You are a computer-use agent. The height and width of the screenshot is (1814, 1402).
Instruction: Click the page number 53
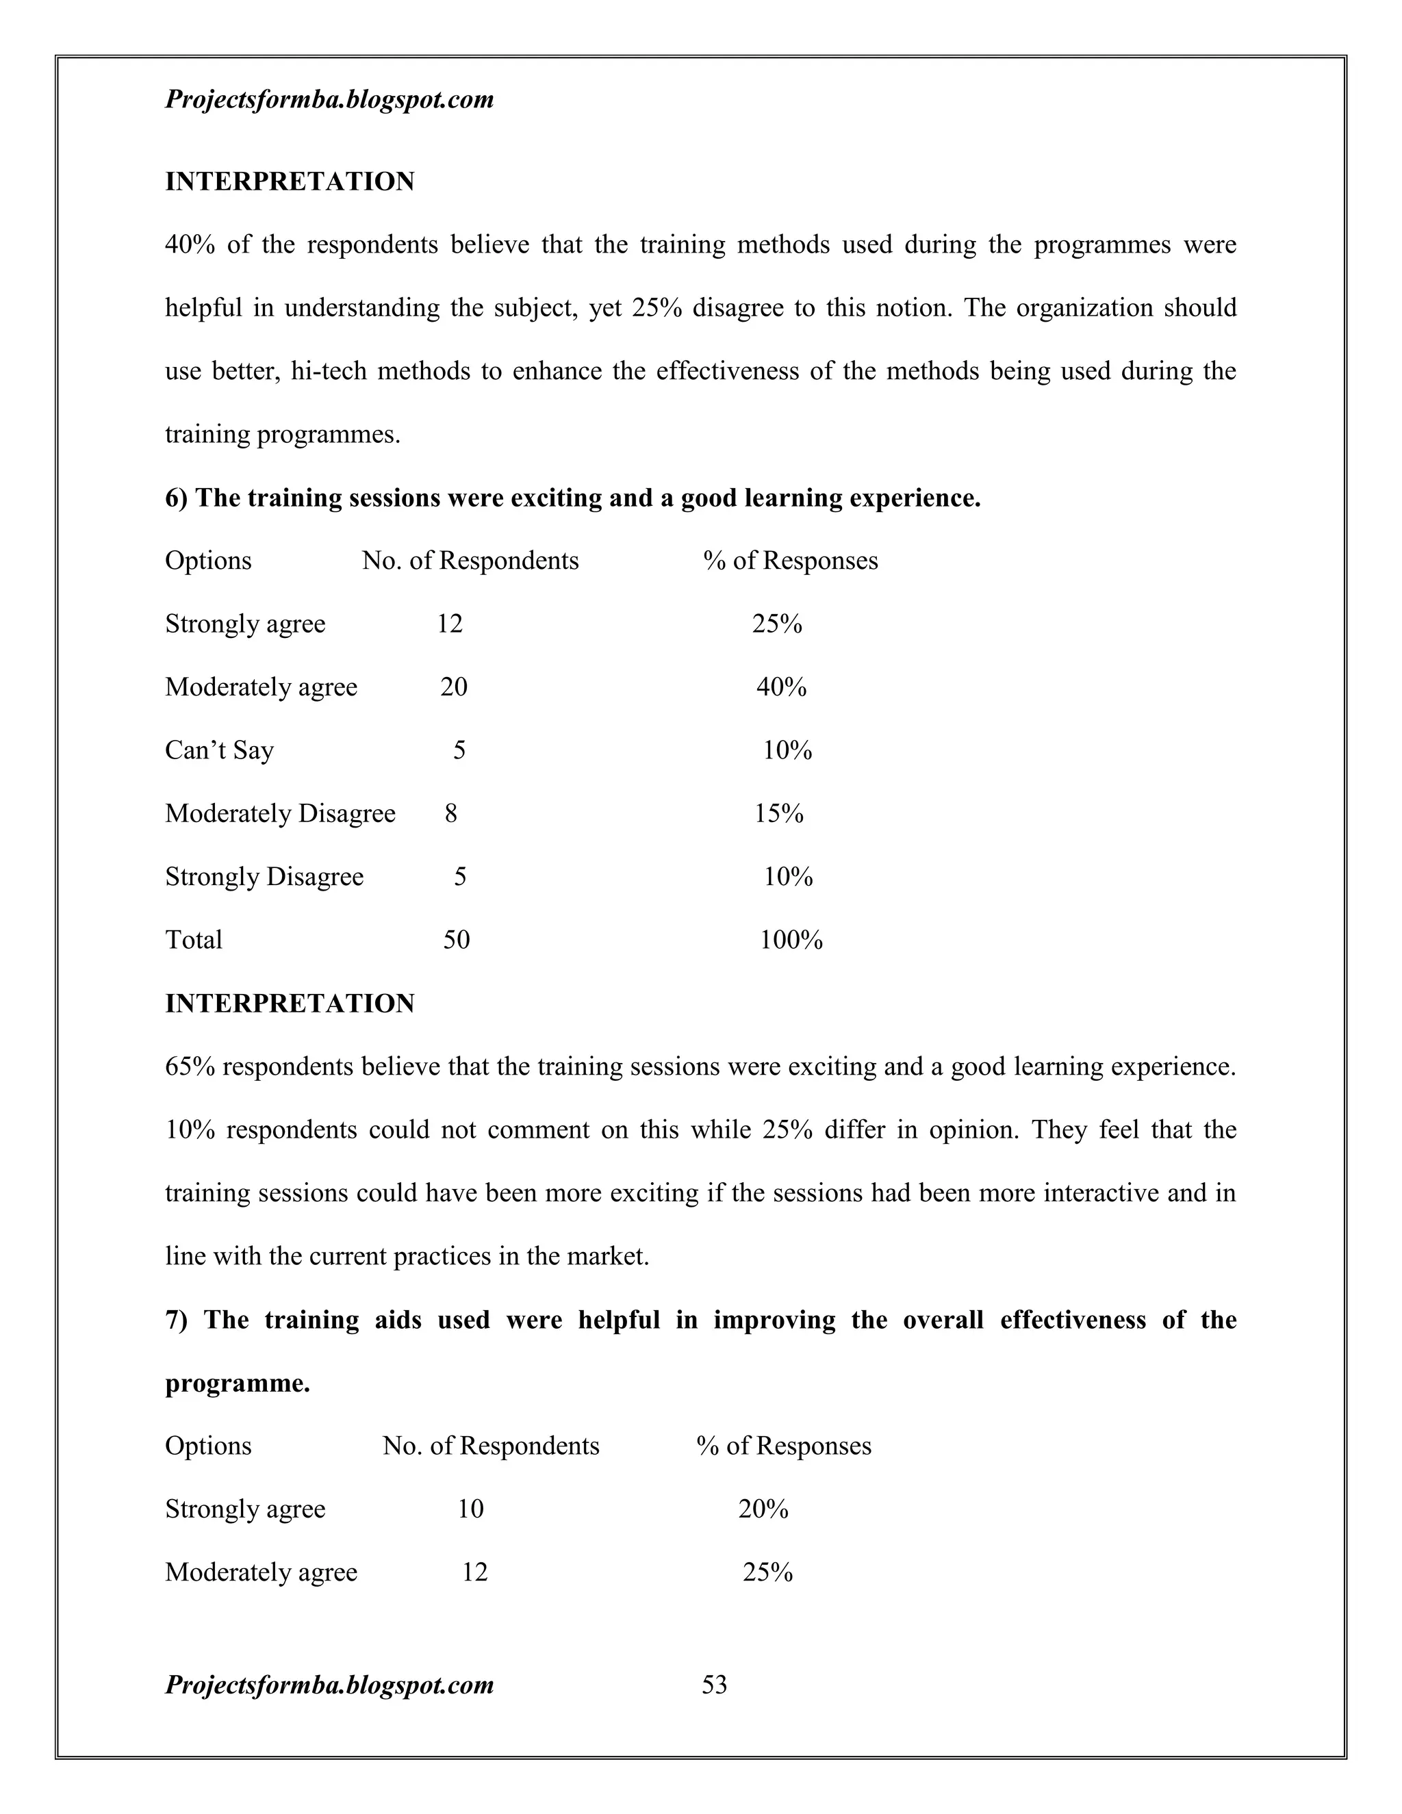tap(714, 1685)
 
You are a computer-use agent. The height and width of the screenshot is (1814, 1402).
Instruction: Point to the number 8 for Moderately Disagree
tap(451, 813)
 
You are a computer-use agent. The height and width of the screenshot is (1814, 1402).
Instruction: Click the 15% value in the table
tap(778, 813)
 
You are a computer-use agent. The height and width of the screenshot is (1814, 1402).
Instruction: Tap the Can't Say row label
tap(219, 750)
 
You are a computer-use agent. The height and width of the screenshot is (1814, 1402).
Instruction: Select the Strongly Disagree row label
tap(264, 876)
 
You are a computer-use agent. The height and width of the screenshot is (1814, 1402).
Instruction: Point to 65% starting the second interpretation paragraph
tap(190, 1066)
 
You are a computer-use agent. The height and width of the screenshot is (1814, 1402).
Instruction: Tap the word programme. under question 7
tap(238, 1383)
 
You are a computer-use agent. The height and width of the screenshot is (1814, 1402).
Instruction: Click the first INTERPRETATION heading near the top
tap(289, 181)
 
